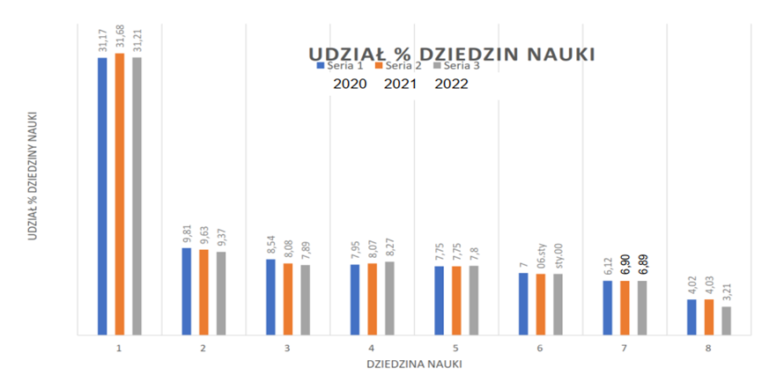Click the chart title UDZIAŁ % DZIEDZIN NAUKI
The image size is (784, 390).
pyautogui.click(x=450, y=55)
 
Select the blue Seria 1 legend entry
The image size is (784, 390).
pyautogui.click(x=338, y=64)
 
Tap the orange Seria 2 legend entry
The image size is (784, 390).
pyautogui.click(x=397, y=64)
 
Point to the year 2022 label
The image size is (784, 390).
pyautogui.click(x=451, y=85)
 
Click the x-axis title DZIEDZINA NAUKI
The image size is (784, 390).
pyautogui.click(x=413, y=363)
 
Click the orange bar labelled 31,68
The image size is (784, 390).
pyautogui.click(x=120, y=194)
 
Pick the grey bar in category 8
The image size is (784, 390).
pyautogui.click(x=726, y=320)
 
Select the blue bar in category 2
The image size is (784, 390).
pyautogui.click(x=187, y=291)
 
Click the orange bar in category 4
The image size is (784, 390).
pyautogui.click(x=372, y=298)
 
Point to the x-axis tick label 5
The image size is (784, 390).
pyautogui.click(x=456, y=348)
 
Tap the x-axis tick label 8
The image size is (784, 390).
pyautogui.click(x=709, y=348)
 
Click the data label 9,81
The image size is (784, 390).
pyautogui.click(x=187, y=233)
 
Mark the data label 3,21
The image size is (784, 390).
pyautogui.click(x=726, y=292)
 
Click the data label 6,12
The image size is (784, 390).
pyautogui.click(x=608, y=266)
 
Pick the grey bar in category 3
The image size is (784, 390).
pyautogui.click(x=305, y=299)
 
